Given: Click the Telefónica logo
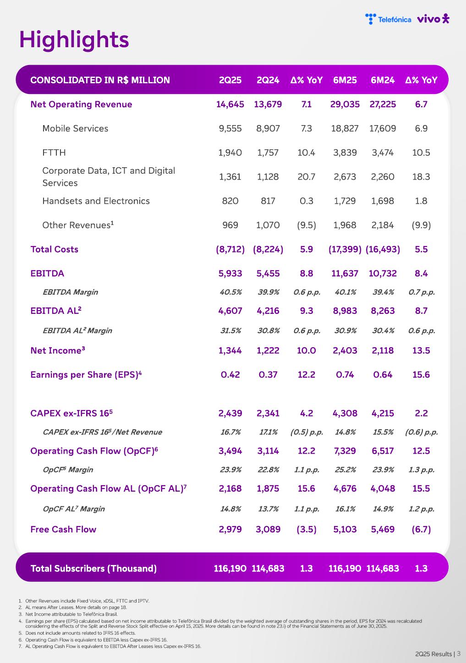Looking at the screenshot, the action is click(388, 19).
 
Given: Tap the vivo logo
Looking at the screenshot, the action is click(433, 19).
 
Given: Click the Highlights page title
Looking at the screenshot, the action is click(74, 40).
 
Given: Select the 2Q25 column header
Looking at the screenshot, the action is click(230, 80).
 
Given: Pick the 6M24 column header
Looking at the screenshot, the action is click(383, 80).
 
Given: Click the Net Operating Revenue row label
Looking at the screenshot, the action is click(81, 104).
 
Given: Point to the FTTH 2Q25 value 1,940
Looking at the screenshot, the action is click(230, 153).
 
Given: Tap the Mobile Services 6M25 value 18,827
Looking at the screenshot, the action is click(345, 128).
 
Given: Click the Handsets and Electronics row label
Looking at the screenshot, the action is click(96, 201).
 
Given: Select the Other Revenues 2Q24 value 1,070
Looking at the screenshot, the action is click(268, 225).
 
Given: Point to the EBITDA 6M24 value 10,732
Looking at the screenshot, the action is click(383, 273).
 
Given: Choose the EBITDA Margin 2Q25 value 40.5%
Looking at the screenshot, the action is click(230, 292).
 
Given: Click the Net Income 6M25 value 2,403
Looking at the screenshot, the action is click(345, 351).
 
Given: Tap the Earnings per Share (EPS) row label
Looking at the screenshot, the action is click(86, 375).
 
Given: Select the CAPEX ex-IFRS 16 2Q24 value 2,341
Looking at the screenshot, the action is click(268, 413).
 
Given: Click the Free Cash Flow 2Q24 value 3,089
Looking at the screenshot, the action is click(268, 529).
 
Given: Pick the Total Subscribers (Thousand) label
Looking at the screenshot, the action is click(93, 569).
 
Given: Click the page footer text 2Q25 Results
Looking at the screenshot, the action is click(433, 654).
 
